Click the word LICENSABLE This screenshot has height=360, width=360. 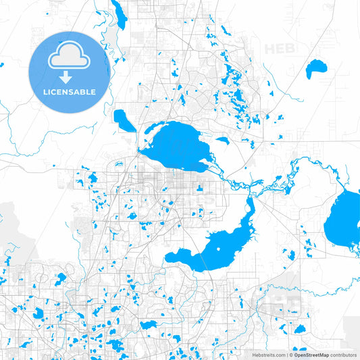(70, 91)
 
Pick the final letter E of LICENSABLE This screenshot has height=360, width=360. (94, 91)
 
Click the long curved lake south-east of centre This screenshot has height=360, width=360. (216, 247)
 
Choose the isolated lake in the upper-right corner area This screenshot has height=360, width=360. (315, 68)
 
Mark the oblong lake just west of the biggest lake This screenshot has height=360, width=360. (124, 120)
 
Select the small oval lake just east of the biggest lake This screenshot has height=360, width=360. (222, 141)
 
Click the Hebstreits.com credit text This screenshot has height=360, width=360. (269, 354)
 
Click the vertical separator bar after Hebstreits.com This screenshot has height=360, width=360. (288, 354)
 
